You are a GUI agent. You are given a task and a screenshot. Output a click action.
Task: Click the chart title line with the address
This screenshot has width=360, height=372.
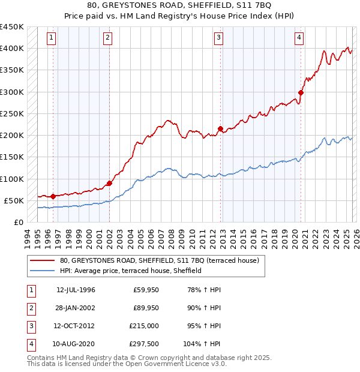[179, 7]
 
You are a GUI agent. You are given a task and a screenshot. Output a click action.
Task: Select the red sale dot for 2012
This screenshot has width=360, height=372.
[221, 128]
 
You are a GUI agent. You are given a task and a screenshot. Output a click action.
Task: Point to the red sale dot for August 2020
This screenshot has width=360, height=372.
[301, 92]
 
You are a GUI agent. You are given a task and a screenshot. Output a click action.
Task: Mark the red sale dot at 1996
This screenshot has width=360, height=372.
[53, 196]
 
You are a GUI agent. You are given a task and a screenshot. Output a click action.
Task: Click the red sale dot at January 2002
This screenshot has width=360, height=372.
[109, 183]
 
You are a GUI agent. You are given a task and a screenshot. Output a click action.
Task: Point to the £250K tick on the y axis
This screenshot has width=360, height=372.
[12, 113]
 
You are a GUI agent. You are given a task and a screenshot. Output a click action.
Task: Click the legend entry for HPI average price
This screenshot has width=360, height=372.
[130, 271]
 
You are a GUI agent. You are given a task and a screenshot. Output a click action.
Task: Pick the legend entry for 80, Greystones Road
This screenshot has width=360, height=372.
[158, 261]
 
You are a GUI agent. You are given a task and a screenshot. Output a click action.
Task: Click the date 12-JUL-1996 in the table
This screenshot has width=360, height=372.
[76, 290]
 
